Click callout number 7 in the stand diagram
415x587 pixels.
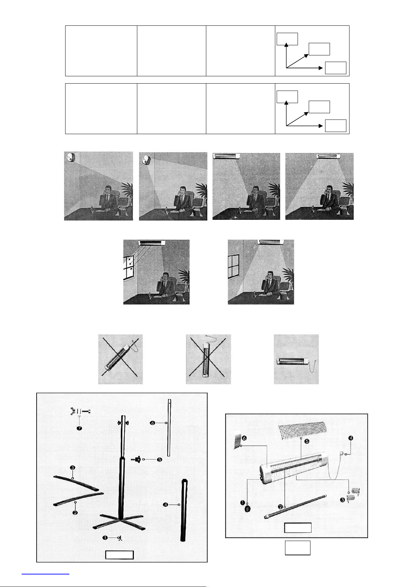tap(79, 428)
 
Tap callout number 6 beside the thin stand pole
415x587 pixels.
tap(153, 423)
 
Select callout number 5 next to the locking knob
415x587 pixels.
tap(160, 459)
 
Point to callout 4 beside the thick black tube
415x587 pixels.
tap(166, 504)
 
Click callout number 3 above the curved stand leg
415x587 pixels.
tap(72, 468)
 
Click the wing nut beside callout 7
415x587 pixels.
tap(73, 411)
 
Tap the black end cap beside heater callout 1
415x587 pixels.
tap(248, 509)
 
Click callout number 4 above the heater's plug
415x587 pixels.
tap(351, 438)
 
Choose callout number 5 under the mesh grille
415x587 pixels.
tap(307, 441)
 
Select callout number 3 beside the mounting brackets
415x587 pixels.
tap(343, 500)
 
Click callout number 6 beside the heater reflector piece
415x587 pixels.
tap(244, 438)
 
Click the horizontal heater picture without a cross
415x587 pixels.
tap(296, 359)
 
